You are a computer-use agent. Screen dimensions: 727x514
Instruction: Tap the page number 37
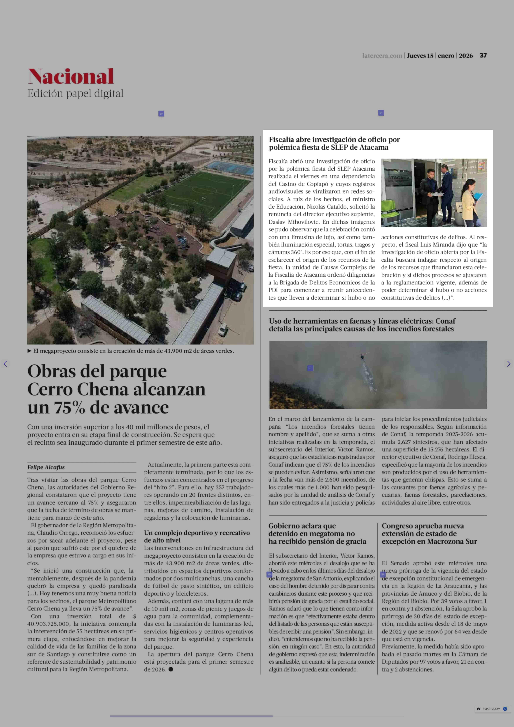pos(483,55)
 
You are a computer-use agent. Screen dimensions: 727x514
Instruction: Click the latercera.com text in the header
pos(382,56)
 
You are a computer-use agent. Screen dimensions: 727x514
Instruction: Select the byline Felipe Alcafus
pos(46,467)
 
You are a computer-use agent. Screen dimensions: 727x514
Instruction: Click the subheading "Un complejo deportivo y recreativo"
pos(197,533)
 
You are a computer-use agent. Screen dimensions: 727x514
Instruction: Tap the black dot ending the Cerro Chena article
pos(171,669)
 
